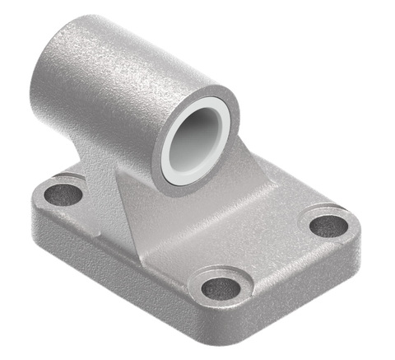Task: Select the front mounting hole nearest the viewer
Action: [221, 288]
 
